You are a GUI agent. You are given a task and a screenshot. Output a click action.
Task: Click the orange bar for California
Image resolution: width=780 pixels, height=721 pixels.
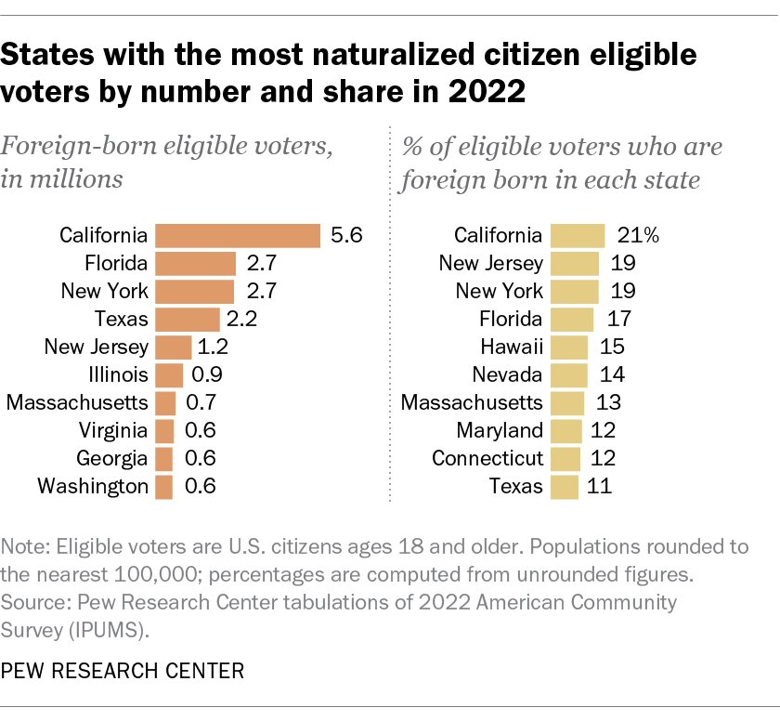pyautogui.click(x=238, y=236)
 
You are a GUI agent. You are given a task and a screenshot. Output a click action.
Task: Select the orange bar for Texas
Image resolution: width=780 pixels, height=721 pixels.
pyautogui.click(x=188, y=320)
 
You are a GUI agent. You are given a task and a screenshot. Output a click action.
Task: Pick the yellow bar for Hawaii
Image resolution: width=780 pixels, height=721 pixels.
pyautogui.click(x=569, y=347)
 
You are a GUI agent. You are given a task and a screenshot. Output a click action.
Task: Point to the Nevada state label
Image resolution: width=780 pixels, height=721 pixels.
pyautogui.click(x=506, y=375)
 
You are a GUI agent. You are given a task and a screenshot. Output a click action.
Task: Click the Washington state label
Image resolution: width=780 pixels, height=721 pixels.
pyautogui.click(x=93, y=486)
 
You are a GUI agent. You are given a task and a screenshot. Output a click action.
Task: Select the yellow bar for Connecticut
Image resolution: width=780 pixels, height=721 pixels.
pyautogui.click(x=565, y=458)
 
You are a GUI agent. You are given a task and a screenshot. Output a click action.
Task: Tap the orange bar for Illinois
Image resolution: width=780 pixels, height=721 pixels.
pyautogui.click(x=169, y=375)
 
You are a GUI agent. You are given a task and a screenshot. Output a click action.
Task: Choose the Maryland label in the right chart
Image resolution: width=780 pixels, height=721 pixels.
pyautogui.click(x=500, y=430)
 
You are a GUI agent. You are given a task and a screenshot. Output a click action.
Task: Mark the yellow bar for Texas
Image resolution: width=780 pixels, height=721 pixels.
pyautogui.click(x=565, y=486)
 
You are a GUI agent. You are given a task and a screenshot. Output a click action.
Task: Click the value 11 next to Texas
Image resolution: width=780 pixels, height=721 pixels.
pyautogui.click(x=599, y=486)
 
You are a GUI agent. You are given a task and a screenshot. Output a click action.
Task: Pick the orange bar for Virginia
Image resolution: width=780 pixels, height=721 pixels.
pyautogui.click(x=164, y=430)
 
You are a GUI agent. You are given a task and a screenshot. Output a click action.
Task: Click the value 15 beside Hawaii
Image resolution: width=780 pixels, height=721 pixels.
pyautogui.click(x=610, y=347)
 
